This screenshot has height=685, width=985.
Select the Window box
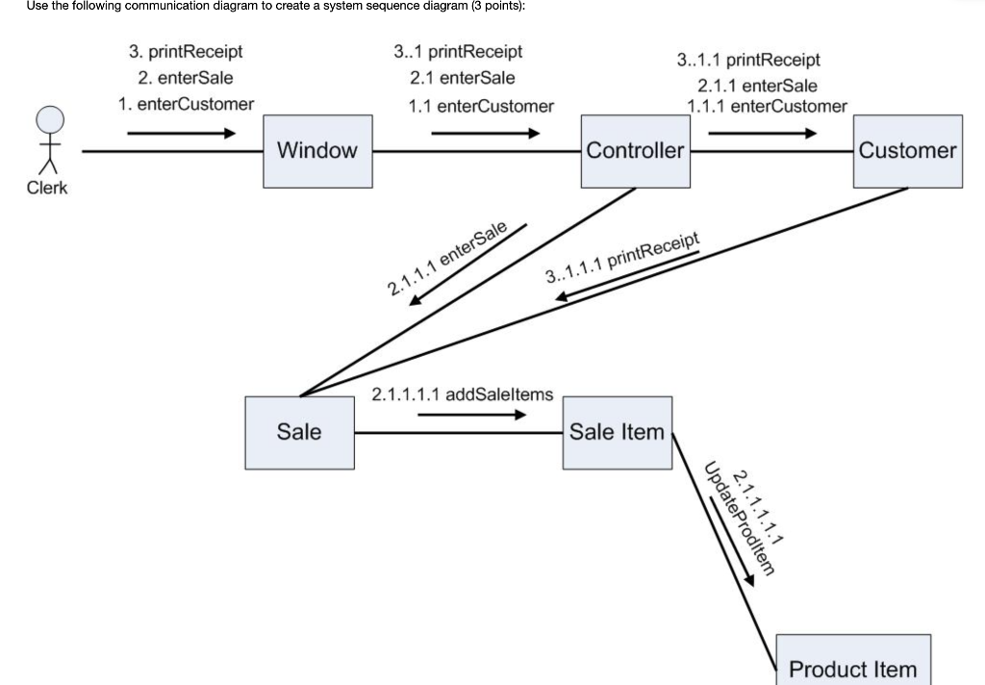(x=317, y=150)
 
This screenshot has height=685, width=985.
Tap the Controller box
(x=635, y=150)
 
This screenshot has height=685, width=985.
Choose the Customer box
(x=907, y=150)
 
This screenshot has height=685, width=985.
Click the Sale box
(x=299, y=432)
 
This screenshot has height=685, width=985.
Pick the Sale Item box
(x=617, y=432)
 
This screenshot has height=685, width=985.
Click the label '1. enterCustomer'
(x=186, y=104)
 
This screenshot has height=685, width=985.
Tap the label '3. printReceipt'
(x=186, y=52)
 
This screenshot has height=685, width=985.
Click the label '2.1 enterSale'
(x=462, y=78)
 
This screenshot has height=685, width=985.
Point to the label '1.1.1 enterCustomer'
(x=767, y=106)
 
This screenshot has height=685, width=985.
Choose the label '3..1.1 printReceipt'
(x=748, y=60)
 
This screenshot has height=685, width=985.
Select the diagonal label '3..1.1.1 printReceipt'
(x=620, y=259)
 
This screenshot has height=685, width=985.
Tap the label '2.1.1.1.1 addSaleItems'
(x=462, y=394)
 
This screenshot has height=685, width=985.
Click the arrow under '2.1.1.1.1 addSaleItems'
(x=471, y=416)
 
